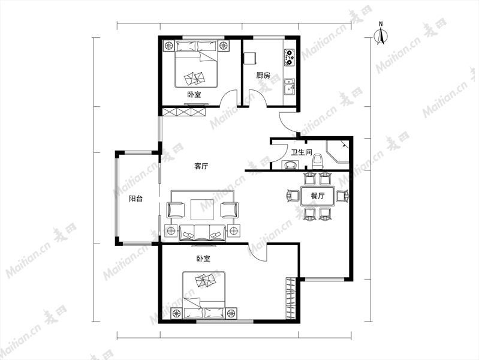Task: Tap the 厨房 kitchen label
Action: point(263,75)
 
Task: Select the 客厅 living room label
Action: point(201,166)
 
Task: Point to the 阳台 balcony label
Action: point(135,199)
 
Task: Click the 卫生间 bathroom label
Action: point(301,152)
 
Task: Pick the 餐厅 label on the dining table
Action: point(318,196)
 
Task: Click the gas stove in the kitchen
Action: point(289,57)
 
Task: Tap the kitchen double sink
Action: point(289,86)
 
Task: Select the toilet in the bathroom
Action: point(318,161)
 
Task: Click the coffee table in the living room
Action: point(202,209)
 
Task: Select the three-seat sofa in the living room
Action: point(202,233)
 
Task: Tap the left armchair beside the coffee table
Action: point(176,210)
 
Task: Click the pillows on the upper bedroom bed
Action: point(194,79)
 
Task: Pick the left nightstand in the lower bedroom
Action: point(176,313)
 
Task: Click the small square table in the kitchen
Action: point(249,58)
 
